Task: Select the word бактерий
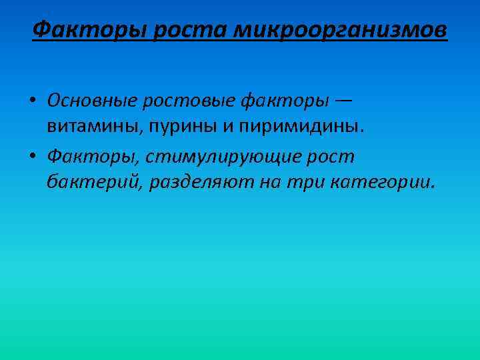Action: tap(93, 182)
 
